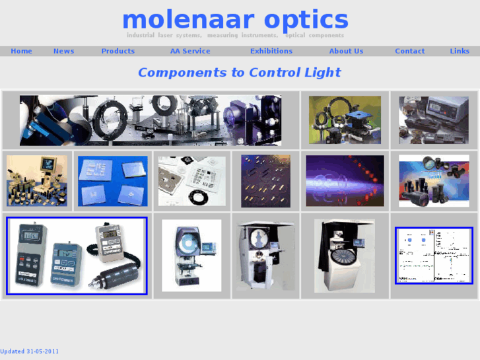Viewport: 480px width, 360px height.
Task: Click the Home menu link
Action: pos(21,51)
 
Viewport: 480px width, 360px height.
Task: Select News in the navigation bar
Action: pos(63,51)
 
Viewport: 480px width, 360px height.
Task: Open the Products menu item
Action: pos(118,51)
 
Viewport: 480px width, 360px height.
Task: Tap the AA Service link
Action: pos(190,51)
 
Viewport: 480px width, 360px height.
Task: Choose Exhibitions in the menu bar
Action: pos(271,51)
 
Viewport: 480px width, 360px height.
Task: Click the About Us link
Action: pos(346,51)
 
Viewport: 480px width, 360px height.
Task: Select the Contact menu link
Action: pos(409,51)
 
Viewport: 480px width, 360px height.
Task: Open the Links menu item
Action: pos(460,51)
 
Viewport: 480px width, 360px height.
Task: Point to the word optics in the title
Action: pos(306,20)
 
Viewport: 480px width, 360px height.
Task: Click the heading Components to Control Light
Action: pos(239,73)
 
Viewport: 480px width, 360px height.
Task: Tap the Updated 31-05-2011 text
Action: pos(30,351)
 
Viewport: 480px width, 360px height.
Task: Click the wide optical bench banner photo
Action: pos(151,120)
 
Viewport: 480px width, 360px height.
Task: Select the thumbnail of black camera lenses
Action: pos(434,181)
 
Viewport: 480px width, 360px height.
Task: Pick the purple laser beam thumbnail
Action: pos(345,181)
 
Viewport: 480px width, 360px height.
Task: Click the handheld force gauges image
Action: pos(77,256)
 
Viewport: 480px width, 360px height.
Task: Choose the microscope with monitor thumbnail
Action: pos(37,181)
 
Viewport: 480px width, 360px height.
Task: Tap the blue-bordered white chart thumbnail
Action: pos(434,256)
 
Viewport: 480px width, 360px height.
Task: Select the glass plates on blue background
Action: pos(112,181)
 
